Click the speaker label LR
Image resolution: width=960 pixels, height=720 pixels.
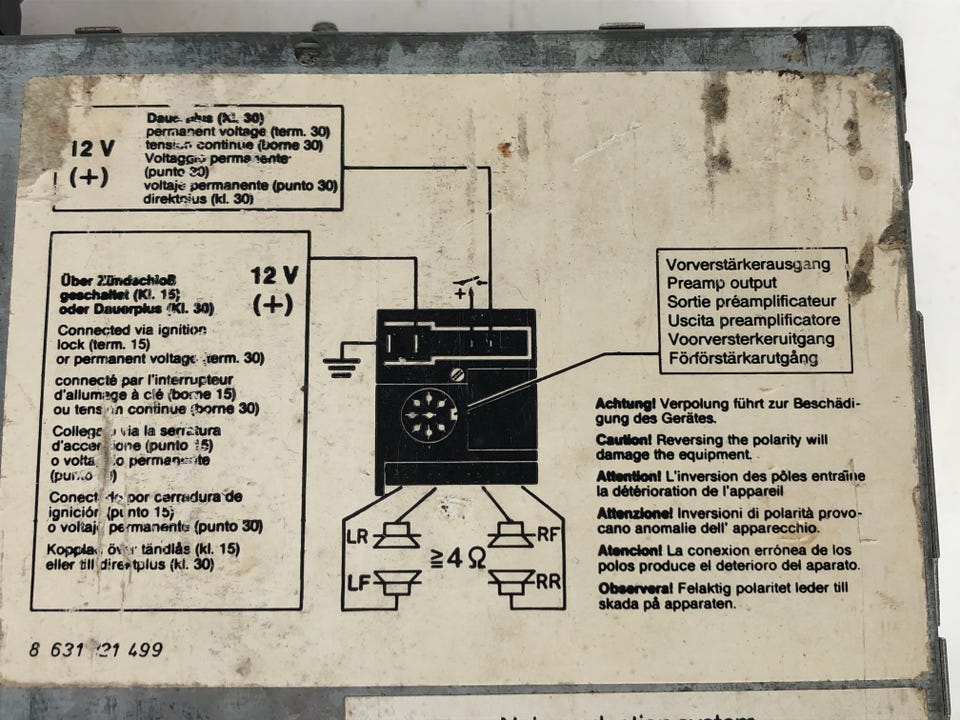pyautogui.click(x=357, y=536)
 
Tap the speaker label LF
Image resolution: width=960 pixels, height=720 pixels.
pyautogui.click(x=357, y=581)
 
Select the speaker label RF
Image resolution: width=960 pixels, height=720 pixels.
pyautogui.click(x=548, y=534)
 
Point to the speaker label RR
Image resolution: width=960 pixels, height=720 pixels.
pyautogui.click(x=548, y=580)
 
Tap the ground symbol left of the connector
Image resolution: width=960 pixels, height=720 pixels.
pyautogui.click(x=341, y=366)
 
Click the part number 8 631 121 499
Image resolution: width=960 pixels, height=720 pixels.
pyautogui.click(x=95, y=649)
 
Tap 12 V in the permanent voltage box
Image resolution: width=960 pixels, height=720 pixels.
pyautogui.click(x=92, y=149)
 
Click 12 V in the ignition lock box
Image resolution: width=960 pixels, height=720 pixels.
pyautogui.click(x=274, y=275)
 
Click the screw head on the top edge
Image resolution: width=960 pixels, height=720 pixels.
pyautogui.click(x=309, y=47)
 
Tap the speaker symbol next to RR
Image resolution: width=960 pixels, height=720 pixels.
pyautogui.click(x=512, y=580)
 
